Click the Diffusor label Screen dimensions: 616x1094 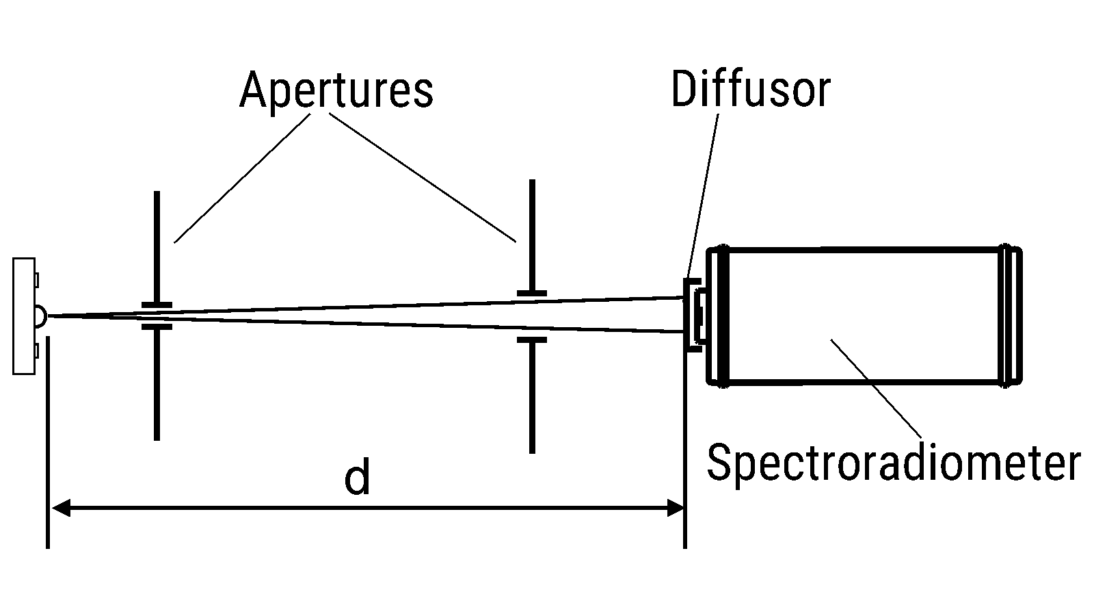(750, 90)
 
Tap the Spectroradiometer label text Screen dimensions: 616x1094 (893, 463)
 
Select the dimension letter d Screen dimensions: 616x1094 (357, 478)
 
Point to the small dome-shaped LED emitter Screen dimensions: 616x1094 (40, 316)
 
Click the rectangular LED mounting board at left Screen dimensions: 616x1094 (23, 316)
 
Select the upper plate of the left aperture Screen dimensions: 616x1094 (157, 246)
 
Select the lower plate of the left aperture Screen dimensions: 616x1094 (157, 383)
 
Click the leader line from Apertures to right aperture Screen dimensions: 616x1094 (424, 178)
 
